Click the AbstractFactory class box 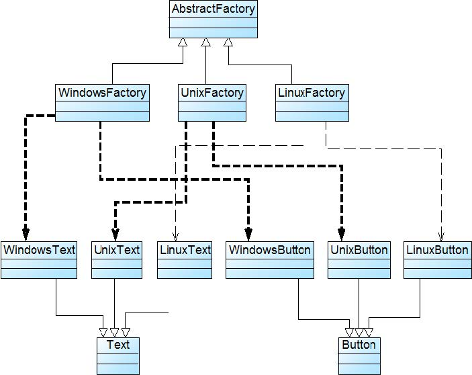pyautogui.click(x=214, y=19)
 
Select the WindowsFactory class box pyautogui.click(x=102, y=102)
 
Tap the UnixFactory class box pyautogui.click(x=211, y=102)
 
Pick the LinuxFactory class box pyautogui.click(x=312, y=102)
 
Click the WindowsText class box pyautogui.click(x=39, y=259)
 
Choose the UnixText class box pyautogui.click(x=116, y=259)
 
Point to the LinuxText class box pyautogui.click(x=185, y=259)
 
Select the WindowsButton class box pyautogui.click(x=269, y=259)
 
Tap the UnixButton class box pyautogui.click(x=359, y=259)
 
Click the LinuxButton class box pyautogui.click(x=436, y=259)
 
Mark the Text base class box pyautogui.click(x=117, y=355)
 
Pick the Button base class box pyautogui.click(x=359, y=355)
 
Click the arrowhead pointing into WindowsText pyautogui.click(x=26, y=235)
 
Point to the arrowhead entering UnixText pyautogui.click(x=115, y=235)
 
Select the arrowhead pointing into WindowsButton pyautogui.click(x=248, y=235)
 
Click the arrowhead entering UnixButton pyautogui.click(x=341, y=235)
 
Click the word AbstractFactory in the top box pyautogui.click(x=214, y=9)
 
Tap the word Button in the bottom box pyautogui.click(x=359, y=345)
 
